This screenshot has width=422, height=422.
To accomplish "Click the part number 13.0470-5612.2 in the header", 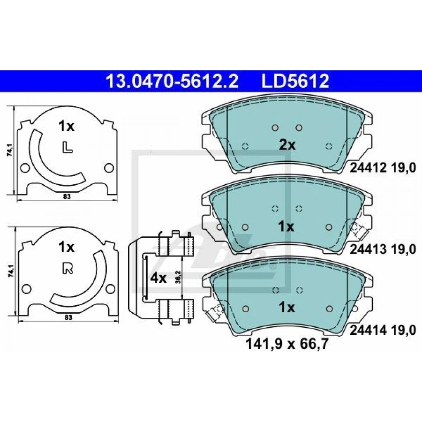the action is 172,81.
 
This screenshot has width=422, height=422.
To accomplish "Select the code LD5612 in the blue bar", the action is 295,81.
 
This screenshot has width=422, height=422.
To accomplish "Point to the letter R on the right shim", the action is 68,268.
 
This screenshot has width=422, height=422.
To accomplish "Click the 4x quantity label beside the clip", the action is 158,278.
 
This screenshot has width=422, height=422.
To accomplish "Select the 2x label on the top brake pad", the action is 287,145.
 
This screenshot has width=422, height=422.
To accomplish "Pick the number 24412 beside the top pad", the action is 368,168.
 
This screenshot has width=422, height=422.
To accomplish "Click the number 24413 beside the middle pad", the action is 368,249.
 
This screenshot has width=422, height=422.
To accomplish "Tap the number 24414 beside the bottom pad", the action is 368,330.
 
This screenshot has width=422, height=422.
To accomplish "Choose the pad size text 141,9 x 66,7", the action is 287,344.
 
